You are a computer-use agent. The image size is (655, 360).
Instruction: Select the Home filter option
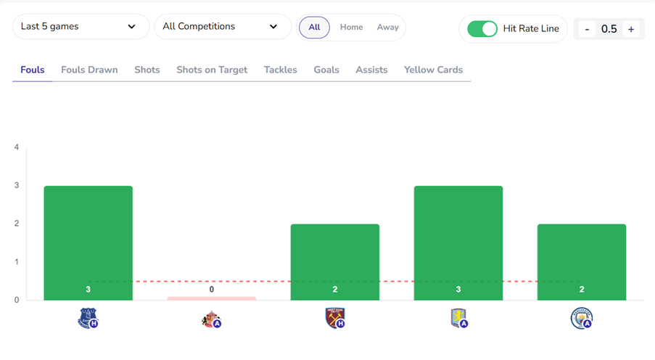pyautogui.click(x=351, y=28)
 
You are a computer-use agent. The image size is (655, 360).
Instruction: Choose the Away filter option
pyautogui.click(x=388, y=28)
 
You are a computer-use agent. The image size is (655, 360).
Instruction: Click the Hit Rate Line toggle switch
pyautogui.click(x=482, y=29)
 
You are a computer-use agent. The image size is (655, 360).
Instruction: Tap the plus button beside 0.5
pyautogui.click(x=631, y=29)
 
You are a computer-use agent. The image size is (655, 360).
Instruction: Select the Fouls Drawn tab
pyautogui.click(x=89, y=70)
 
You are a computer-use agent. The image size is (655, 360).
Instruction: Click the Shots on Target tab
pyautogui.click(x=212, y=70)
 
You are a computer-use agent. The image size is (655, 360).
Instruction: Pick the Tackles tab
pyautogui.click(x=280, y=70)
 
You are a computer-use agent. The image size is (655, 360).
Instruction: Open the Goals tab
pyautogui.click(x=326, y=70)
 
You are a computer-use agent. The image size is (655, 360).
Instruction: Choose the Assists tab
pyautogui.click(x=371, y=70)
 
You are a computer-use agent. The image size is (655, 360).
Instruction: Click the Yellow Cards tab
pyautogui.click(x=433, y=70)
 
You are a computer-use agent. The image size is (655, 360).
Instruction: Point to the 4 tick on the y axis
pyautogui.click(x=17, y=147)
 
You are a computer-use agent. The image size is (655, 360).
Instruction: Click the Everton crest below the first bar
pyautogui.click(x=88, y=318)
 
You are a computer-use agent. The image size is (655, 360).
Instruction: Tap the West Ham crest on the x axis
pyautogui.click(x=334, y=318)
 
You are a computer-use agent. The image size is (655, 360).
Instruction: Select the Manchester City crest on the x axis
pyautogui.click(x=581, y=318)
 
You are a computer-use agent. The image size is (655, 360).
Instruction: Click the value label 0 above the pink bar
pyautogui.click(x=212, y=289)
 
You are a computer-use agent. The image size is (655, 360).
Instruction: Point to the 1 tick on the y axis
pyautogui.click(x=17, y=262)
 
